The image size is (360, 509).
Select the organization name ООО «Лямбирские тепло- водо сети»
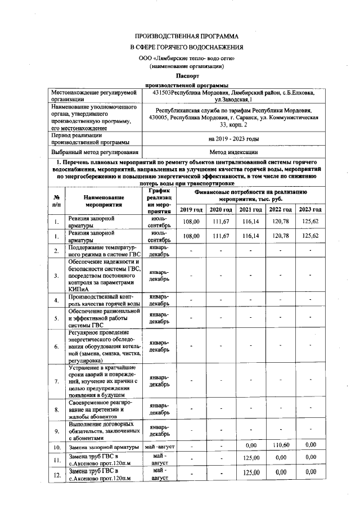coord(186,58)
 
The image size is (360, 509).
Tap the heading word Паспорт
coord(186,75)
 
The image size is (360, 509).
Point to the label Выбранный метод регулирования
coord(94,152)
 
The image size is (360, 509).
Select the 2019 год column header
coord(192,210)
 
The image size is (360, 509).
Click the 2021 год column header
coord(250,210)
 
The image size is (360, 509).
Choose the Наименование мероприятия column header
coord(104,201)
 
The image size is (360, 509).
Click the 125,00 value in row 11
coord(250,458)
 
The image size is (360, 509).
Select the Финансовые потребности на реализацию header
coord(250,195)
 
